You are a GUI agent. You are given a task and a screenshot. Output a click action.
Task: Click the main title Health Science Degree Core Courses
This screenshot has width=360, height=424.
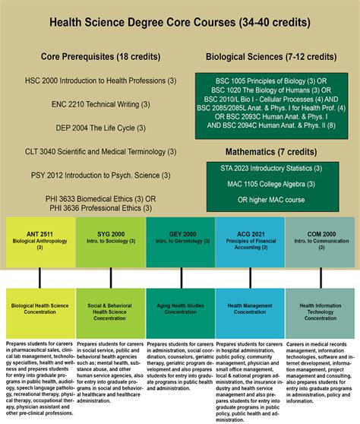179,22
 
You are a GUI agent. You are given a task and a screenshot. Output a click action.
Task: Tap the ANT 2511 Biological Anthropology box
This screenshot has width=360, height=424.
40,244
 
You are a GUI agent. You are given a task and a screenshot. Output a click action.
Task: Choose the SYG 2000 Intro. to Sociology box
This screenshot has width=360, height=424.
110,244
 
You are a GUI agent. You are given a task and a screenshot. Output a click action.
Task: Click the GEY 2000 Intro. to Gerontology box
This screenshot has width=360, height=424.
180,244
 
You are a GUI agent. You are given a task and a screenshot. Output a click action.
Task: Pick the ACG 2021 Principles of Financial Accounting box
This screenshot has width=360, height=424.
250,244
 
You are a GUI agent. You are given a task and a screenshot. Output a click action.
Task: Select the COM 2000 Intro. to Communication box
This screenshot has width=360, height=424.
320,244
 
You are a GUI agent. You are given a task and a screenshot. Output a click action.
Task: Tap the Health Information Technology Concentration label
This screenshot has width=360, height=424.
320,310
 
